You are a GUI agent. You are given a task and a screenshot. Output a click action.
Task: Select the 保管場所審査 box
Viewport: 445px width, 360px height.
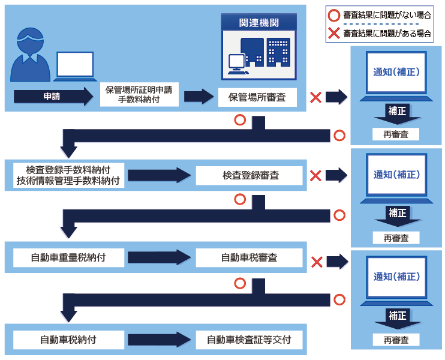[x=258, y=97]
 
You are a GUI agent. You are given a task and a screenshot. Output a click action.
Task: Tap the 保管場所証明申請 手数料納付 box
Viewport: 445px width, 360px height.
[x=139, y=96]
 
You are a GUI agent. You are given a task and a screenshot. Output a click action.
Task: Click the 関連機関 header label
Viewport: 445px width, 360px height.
[x=258, y=23]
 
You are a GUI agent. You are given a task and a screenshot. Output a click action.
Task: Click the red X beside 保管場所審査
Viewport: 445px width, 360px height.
[x=315, y=97]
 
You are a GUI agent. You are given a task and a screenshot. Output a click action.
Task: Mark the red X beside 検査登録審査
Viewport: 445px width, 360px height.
[x=315, y=175]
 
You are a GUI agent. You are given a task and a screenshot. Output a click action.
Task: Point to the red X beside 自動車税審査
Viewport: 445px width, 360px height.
[x=315, y=262]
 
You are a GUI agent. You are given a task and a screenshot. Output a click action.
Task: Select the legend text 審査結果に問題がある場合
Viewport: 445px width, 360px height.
[x=387, y=34]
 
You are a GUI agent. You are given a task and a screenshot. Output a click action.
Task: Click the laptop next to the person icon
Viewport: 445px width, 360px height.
[x=75, y=66]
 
